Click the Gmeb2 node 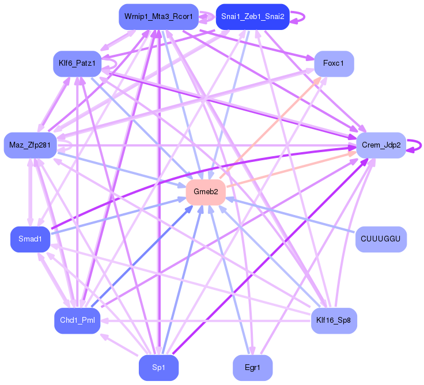click(x=206, y=192)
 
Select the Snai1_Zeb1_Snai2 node click(x=252, y=17)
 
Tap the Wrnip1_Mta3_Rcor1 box click(x=159, y=17)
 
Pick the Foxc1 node click(x=334, y=63)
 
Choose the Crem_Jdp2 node click(x=381, y=145)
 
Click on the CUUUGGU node click(x=381, y=239)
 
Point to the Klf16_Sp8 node click(x=334, y=320)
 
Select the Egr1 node click(x=252, y=368)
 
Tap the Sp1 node click(x=159, y=368)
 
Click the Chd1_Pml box click(x=77, y=320)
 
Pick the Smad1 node click(x=31, y=239)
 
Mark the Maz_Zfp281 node click(x=31, y=145)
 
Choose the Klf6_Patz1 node click(x=77, y=63)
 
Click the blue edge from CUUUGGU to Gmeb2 click(x=290, y=216)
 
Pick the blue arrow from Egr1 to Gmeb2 click(x=229, y=280)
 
